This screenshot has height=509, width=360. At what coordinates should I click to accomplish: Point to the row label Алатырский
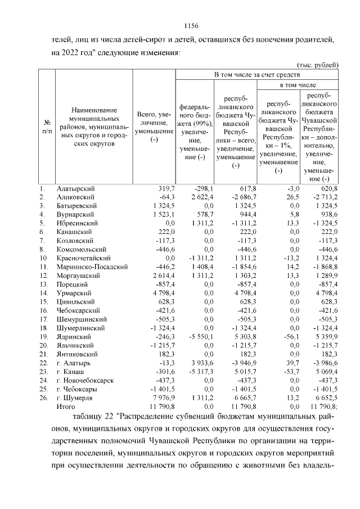[75, 188]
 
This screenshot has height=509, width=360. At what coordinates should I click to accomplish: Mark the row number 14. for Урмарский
[43, 293]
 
